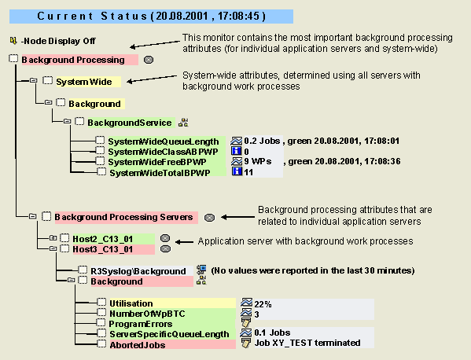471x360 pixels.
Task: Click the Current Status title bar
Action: [151, 17]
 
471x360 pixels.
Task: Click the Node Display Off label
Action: [58, 41]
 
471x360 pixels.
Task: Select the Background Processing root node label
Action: [73, 60]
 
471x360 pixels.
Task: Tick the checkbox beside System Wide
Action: [47, 80]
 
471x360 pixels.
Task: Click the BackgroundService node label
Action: [130, 123]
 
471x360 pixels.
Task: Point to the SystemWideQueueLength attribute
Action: [164, 141]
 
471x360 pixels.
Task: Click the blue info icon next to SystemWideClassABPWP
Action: [237, 151]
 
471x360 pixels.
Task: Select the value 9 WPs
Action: [257, 161]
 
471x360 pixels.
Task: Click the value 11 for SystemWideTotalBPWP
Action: [248, 172]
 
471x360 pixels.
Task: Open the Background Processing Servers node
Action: [123, 217]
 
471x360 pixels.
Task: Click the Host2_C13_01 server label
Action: [103, 239]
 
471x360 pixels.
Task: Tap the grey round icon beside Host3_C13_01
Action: [165, 249]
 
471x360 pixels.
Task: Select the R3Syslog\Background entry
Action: [138, 271]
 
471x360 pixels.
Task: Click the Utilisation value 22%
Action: [263, 304]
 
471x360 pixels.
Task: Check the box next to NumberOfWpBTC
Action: [101, 313]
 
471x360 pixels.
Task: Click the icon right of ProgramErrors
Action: [246, 323]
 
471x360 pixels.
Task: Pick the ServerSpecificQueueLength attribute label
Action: [169, 334]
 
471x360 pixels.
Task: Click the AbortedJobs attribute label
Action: [138, 345]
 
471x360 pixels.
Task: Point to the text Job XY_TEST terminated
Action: [307, 343]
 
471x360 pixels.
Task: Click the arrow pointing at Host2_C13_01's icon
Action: [185, 241]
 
